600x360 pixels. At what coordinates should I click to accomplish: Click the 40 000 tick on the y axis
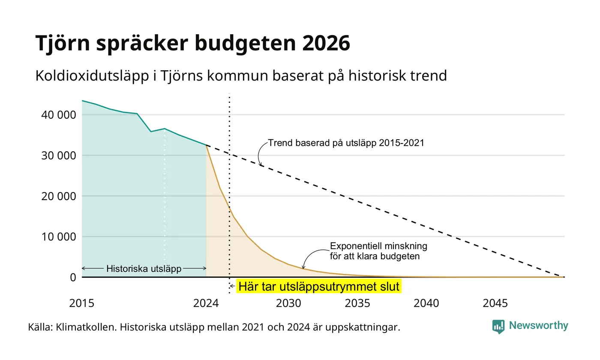pyautogui.click(x=59, y=115)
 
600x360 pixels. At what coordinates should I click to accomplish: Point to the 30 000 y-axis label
pyautogui.click(x=59, y=156)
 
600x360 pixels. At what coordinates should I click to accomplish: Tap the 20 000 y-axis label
pyautogui.click(x=59, y=196)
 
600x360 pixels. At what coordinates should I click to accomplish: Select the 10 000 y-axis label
pyautogui.click(x=59, y=237)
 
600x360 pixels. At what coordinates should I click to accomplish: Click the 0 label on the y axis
pyautogui.click(x=73, y=278)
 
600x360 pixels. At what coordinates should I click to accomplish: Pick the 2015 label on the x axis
pyautogui.click(x=82, y=303)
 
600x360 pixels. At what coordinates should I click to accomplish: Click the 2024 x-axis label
pyautogui.click(x=206, y=303)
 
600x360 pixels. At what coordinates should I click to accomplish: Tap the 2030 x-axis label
pyautogui.click(x=289, y=303)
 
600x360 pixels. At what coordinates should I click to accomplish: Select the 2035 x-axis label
pyautogui.click(x=357, y=303)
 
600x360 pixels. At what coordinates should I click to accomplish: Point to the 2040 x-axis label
pyautogui.click(x=426, y=303)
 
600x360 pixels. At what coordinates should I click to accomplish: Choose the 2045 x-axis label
pyautogui.click(x=495, y=303)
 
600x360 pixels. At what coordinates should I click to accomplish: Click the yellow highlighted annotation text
pyautogui.click(x=319, y=286)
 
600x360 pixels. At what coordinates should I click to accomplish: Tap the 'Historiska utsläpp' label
pyautogui.click(x=144, y=269)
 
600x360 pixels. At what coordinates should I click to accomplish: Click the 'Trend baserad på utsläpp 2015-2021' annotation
pyautogui.click(x=346, y=143)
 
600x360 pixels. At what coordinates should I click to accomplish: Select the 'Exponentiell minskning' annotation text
pyautogui.click(x=378, y=246)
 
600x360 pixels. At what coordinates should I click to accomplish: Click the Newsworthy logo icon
pyautogui.click(x=498, y=327)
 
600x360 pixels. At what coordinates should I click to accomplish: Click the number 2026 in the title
pyautogui.click(x=326, y=43)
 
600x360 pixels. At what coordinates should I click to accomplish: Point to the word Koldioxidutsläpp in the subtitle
pyautogui.click(x=92, y=76)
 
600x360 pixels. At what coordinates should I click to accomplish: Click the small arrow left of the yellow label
pyautogui.click(x=232, y=286)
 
